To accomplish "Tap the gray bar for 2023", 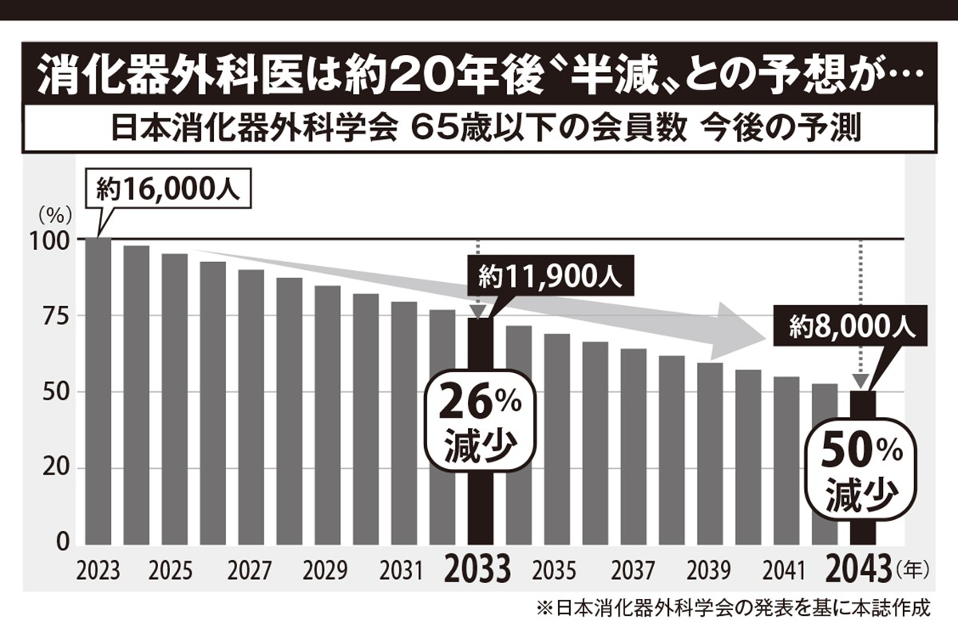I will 98,391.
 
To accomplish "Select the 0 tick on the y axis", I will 66,545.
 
